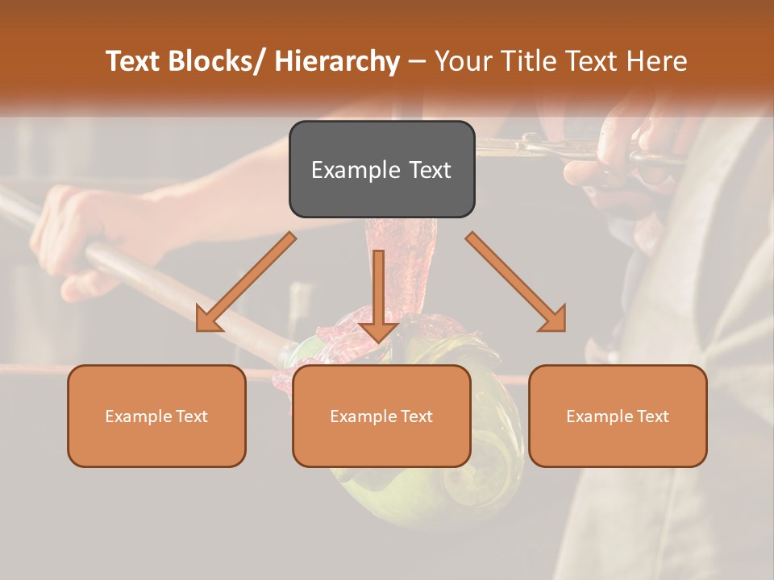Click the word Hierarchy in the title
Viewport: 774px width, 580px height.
(337, 61)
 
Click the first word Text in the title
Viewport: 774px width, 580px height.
(134, 61)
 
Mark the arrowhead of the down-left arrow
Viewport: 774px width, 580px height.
(209, 318)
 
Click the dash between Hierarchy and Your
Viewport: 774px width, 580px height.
(417, 61)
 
